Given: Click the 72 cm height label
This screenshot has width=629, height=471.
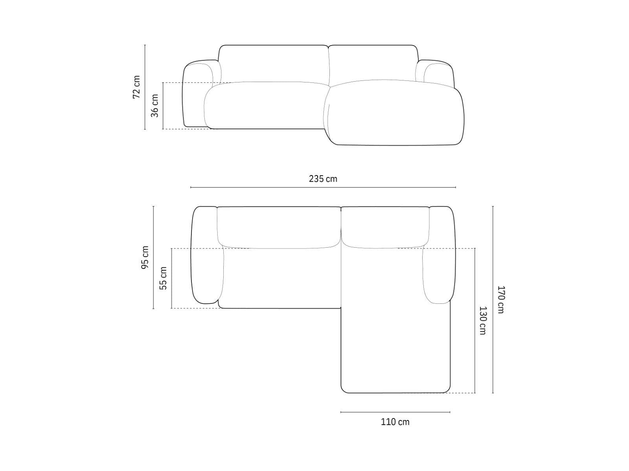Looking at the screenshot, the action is coord(136,87).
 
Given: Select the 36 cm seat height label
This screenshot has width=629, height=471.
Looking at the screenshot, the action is coord(155,106).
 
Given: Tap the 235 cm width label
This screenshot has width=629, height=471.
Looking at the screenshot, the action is coord(323,179).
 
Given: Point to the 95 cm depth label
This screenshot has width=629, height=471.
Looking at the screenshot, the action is coord(145,257).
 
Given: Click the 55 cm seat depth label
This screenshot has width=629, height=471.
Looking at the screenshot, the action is coord(163,278).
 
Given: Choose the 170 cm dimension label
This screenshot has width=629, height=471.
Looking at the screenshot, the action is coord(500,299).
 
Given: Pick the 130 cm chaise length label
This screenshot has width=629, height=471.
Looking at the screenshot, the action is coord(482,321).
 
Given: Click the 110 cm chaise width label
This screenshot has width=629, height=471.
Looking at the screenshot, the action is coord(395,422).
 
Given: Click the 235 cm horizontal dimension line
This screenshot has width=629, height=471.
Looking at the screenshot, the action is coord(323,188).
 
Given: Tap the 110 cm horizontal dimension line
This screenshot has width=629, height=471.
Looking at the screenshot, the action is coord(395,412).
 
